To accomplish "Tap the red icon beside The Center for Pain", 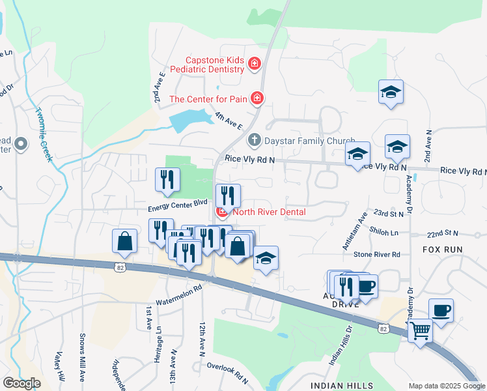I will click(258, 98).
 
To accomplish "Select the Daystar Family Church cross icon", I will click(253, 140).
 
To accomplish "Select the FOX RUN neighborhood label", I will click(442, 250).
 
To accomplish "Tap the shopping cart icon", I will click(420, 331).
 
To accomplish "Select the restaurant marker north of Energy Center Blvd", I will click(168, 180).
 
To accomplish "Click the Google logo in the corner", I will click(21, 383).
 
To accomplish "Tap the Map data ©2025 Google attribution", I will click(446, 386).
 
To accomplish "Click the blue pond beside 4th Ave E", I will click(189, 121).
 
